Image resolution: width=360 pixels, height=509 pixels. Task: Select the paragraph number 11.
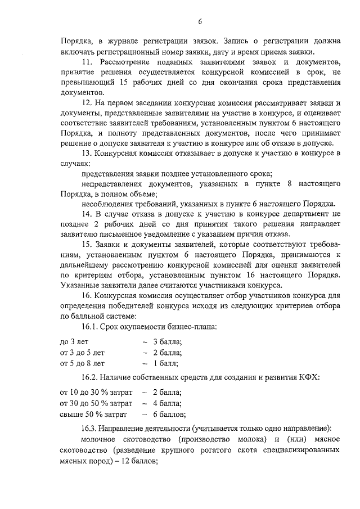coord(87,61)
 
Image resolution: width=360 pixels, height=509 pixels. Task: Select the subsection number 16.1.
coord(92,327)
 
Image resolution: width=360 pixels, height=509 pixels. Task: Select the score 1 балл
coord(165,363)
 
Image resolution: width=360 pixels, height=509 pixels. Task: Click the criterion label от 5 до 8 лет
coord(82,363)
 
